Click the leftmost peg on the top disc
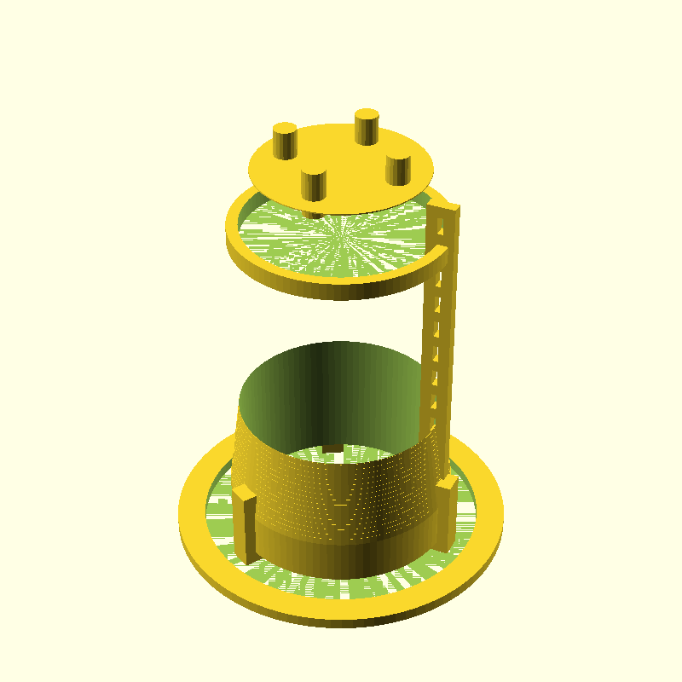[x=284, y=141]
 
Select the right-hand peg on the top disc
[x=397, y=169]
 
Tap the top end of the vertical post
[x=443, y=207]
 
